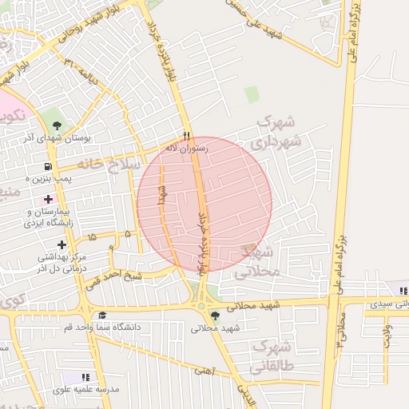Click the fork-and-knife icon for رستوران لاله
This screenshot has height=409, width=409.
187,136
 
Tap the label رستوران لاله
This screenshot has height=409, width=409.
186,149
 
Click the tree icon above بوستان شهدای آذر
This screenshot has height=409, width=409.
57,124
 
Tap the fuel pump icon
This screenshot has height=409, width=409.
49,166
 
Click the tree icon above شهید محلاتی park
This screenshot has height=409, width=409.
213,315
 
